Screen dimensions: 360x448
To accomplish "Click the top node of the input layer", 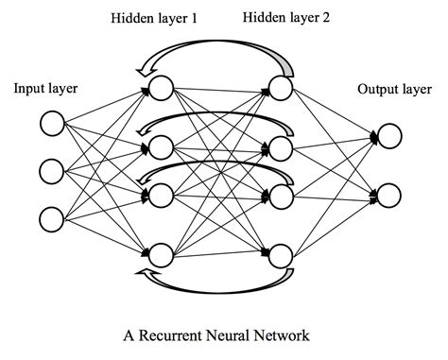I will click(52, 123).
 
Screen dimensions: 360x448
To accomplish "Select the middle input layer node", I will click(52, 171).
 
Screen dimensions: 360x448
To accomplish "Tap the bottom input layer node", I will click(52, 218).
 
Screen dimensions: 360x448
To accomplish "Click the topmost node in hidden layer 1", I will click(160, 90).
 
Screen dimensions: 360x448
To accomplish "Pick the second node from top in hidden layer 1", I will click(160, 146).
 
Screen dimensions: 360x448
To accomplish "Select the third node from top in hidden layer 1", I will click(160, 196).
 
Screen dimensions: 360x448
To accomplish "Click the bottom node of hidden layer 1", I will click(160, 252).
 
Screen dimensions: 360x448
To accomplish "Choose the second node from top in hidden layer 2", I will click(280, 146).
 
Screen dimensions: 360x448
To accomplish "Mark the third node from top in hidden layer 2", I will click(280, 196).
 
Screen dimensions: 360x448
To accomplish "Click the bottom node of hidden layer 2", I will click(280, 252).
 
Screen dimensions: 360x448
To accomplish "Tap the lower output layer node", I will click(389, 196).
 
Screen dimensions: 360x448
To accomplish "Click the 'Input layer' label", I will click(44, 90).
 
